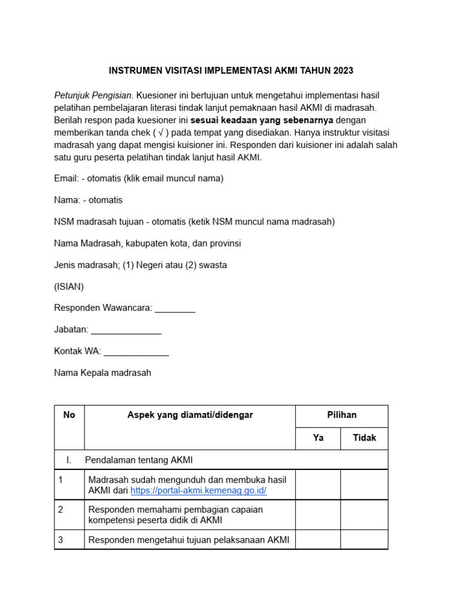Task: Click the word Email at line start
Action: [x=65, y=178]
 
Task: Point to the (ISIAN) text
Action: [x=69, y=287]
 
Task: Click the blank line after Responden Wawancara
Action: [x=175, y=309]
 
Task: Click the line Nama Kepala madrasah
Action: [x=102, y=373]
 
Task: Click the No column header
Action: [x=69, y=415]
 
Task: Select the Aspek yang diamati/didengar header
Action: [x=190, y=415]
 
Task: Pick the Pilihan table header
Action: [x=341, y=415]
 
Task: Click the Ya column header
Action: [x=318, y=438]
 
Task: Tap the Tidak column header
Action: [x=364, y=438]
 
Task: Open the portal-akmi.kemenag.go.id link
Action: [x=198, y=491]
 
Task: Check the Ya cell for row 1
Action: [x=318, y=485]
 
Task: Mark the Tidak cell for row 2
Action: [x=364, y=515]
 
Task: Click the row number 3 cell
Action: [x=60, y=540]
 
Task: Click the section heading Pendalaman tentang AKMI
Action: [x=138, y=460]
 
